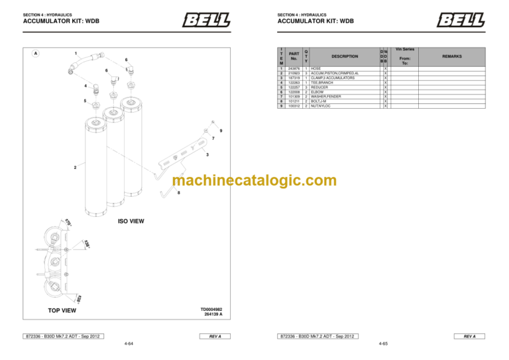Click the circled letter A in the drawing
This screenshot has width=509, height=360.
(x=36, y=53)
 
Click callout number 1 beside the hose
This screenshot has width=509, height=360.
(x=76, y=53)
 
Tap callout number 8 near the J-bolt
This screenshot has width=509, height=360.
(x=178, y=192)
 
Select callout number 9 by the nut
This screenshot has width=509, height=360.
(x=221, y=131)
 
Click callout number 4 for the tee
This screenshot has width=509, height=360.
(x=85, y=86)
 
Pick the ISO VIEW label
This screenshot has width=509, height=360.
(x=131, y=221)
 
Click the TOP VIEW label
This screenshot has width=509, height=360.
(x=62, y=310)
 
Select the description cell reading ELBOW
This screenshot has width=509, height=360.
(x=320, y=91)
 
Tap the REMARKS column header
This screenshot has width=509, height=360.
(x=453, y=56)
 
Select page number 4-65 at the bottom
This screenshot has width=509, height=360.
(x=383, y=345)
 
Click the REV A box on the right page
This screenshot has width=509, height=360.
(x=469, y=336)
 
